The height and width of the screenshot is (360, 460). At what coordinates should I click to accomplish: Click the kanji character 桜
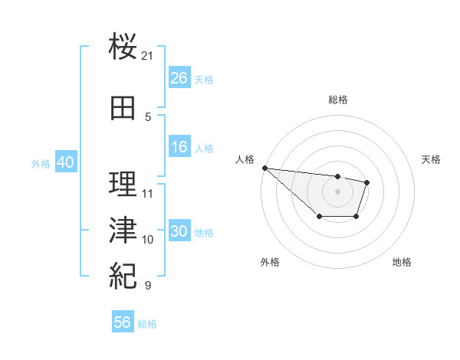(x=123, y=47)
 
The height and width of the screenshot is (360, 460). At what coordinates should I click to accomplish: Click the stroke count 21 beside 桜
(x=148, y=56)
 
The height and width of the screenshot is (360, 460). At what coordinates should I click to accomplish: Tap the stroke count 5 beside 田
(x=148, y=116)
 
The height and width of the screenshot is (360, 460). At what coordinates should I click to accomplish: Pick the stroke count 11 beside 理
(x=148, y=193)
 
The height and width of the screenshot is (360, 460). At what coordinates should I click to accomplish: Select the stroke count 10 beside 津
(x=148, y=240)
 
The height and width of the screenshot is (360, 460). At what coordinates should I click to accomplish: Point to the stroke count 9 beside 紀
(x=148, y=286)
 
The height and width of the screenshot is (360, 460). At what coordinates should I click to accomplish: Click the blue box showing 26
(x=179, y=78)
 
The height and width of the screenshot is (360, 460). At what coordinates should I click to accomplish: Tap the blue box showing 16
(x=179, y=148)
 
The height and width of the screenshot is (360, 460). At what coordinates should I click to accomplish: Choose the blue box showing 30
(x=179, y=232)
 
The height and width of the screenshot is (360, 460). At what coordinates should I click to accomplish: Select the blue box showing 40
(x=65, y=162)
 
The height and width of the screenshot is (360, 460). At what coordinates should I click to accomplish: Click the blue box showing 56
(x=123, y=323)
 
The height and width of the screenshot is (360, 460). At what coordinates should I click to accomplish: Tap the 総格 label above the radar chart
(x=338, y=100)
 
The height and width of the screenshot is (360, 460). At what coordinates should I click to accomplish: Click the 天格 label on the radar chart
(x=432, y=159)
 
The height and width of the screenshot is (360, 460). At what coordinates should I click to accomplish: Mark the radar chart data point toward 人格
(x=264, y=168)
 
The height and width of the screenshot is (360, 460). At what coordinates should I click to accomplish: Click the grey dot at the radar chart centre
(x=337, y=191)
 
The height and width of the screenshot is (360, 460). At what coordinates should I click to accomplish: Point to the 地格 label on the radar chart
(x=402, y=262)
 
